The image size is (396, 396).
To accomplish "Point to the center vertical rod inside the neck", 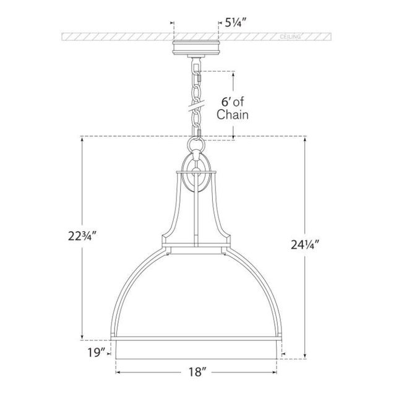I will click(196, 217).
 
